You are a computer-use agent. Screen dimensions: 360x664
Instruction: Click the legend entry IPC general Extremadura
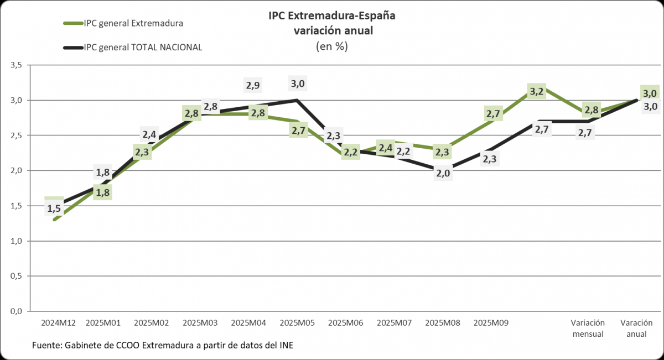pos(133,23)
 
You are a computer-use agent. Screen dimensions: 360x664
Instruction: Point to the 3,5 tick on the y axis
pos(15,65)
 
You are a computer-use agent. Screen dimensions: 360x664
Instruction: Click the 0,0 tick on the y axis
pos(15,311)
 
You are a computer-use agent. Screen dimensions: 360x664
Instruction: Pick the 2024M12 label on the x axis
pos(58,322)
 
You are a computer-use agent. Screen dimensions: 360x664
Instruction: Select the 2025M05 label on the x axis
pos(298,322)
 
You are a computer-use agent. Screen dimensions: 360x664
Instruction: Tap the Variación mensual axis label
pos(588,328)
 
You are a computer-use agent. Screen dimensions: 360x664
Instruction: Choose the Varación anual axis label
pos(636,328)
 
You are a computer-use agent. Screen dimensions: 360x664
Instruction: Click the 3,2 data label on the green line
pos(537,91)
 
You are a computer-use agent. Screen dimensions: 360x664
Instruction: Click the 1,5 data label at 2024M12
pos(54,208)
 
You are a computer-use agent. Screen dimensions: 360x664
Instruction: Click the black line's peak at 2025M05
pos(298,100)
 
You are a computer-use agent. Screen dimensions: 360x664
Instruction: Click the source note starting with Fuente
pos(163,346)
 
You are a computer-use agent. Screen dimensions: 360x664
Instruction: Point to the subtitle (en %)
pos(332,46)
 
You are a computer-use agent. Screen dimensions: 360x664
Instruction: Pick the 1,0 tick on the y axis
pos(15,241)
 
